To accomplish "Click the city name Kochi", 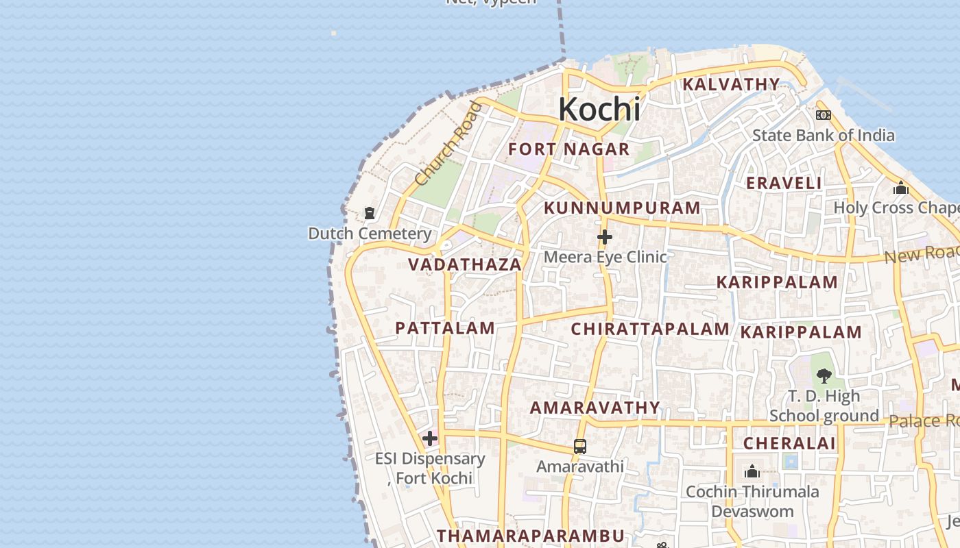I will [599, 110].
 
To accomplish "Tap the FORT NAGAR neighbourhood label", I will [568, 149].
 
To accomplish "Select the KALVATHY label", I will [731, 85].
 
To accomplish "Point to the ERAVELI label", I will [784, 184].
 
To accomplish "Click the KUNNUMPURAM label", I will [622, 208].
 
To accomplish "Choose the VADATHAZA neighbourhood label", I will [465, 265].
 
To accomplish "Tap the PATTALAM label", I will [445, 328].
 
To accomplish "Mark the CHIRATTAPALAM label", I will [650, 329].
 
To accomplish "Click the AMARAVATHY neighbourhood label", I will [595, 408].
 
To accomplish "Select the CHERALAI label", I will [790, 444].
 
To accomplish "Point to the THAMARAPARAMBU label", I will [531, 536].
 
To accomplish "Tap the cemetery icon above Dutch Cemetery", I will [370, 213].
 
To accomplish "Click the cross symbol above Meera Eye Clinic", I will [604, 237].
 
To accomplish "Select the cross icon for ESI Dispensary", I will [430, 438].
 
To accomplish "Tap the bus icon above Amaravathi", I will [580, 447].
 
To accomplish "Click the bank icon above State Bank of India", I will [824, 115].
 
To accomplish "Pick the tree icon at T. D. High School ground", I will [824, 375].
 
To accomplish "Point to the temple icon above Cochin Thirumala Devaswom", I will [752, 471].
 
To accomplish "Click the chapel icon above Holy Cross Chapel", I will [901, 188].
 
